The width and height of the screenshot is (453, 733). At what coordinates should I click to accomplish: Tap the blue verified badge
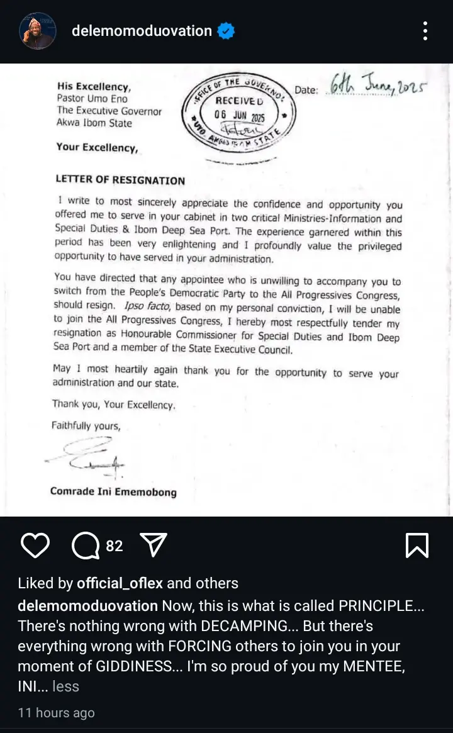226,31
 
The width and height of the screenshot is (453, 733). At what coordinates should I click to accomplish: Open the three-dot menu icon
426,31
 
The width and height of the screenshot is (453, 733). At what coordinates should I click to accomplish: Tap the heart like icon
35,545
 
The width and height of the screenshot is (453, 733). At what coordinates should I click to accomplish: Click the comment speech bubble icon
85,545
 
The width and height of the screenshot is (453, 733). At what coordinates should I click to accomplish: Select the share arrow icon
152,545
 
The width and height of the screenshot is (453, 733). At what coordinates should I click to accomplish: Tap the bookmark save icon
417,545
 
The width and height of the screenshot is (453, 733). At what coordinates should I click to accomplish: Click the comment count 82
115,546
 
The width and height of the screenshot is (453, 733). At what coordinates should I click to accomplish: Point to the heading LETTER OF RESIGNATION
120,181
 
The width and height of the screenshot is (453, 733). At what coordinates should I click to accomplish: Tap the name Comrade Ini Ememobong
113,491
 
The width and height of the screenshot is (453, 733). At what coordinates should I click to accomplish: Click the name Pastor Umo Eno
92,99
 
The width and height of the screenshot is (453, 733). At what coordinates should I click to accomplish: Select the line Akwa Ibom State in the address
94,123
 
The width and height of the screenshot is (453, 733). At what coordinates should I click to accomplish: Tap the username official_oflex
120,583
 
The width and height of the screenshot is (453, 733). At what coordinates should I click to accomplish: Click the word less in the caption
65,686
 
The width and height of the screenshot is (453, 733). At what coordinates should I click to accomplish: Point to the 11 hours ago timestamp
56,713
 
